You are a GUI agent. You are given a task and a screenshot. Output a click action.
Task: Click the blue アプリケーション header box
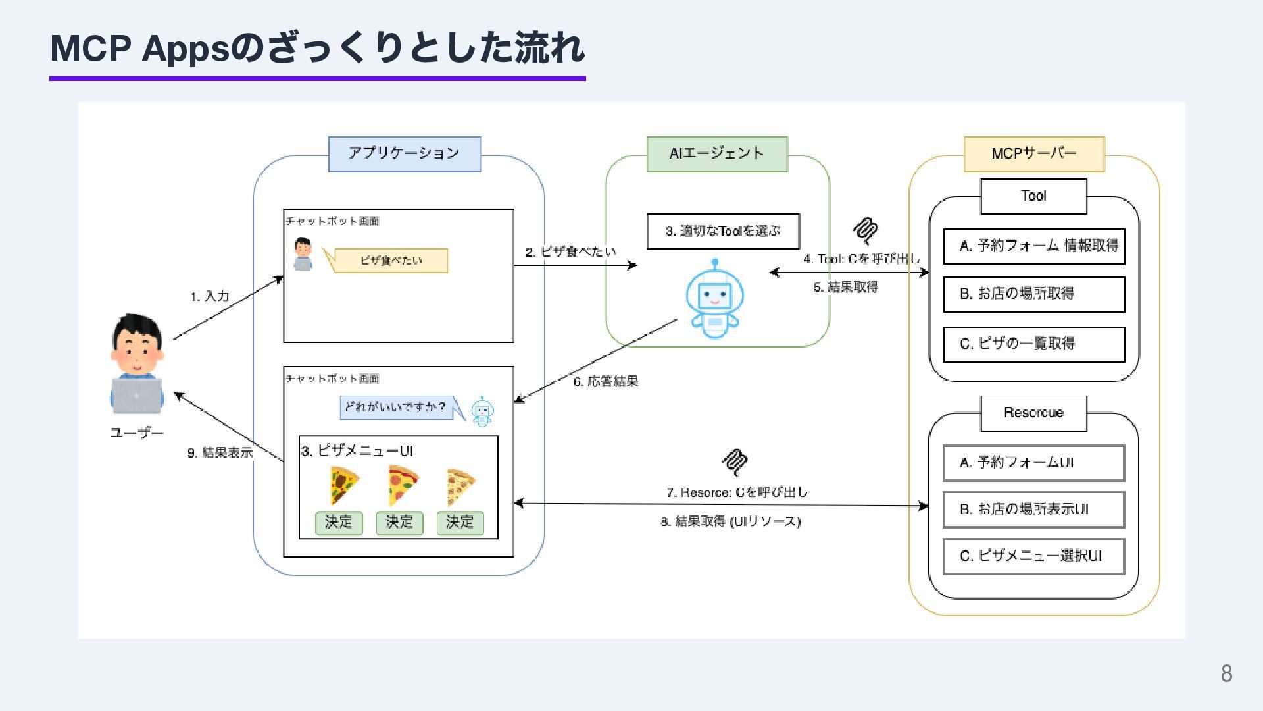(x=405, y=154)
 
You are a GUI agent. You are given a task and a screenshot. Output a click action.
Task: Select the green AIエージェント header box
(x=717, y=154)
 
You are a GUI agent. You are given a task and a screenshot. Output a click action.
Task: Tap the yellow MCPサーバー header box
(x=1034, y=154)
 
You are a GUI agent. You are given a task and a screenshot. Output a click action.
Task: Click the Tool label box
(x=1033, y=196)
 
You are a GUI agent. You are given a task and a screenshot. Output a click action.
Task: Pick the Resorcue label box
(x=1033, y=413)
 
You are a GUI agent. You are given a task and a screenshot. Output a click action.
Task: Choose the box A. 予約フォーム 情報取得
(x=1034, y=246)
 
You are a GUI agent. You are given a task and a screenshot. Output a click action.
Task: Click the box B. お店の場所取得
(x=1034, y=294)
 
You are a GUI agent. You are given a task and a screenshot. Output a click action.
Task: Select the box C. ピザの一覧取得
(x=1034, y=344)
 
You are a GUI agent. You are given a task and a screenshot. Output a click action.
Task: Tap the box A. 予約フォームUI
(x=1034, y=463)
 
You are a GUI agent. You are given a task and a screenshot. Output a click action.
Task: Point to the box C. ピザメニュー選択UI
(x=1034, y=556)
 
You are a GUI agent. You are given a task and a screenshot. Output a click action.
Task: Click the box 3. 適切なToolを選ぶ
(x=723, y=231)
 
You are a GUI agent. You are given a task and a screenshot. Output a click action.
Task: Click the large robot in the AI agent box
(x=714, y=300)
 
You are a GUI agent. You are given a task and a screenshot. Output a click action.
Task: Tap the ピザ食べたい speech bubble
(x=391, y=261)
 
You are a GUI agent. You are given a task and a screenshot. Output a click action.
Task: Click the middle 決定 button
(x=399, y=523)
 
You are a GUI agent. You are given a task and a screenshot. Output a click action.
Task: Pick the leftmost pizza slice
(x=343, y=485)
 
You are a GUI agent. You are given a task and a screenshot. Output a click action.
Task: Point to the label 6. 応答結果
(x=606, y=382)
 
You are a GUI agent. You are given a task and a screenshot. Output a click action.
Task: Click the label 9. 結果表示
(x=220, y=453)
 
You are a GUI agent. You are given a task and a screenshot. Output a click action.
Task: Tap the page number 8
(x=1226, y=673)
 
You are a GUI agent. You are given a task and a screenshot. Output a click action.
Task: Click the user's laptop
(x=137, y=395)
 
